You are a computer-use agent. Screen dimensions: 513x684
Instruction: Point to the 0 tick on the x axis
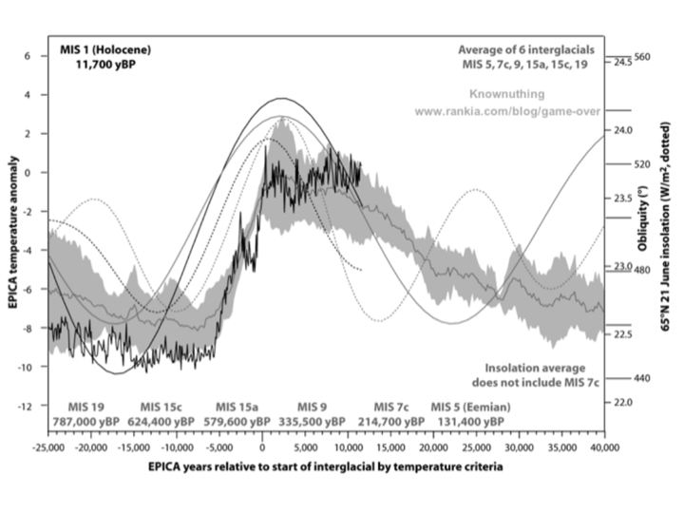(x=262, y=445)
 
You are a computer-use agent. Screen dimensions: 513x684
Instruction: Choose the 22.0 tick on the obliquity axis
(x=624, y=403)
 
